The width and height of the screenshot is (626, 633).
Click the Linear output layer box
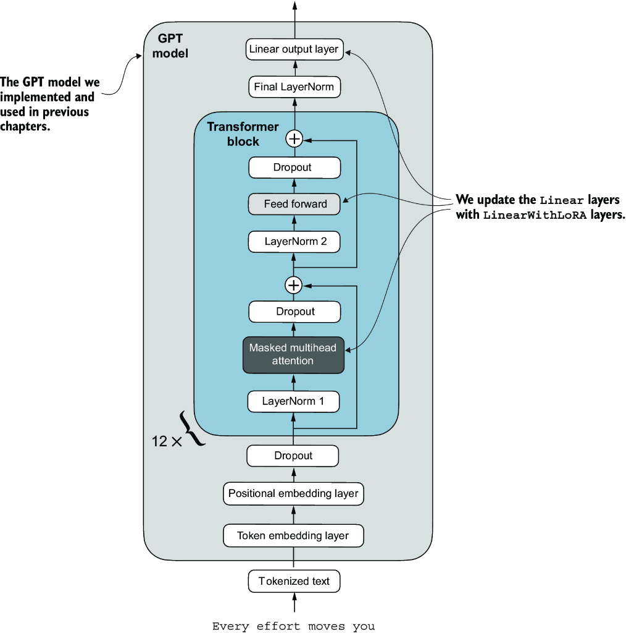pyautogui.click(x=294, y=49)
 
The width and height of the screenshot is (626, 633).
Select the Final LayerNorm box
pyautogui.click(x=294, y=87)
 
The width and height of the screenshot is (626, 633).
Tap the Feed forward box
pyautogui.click(x=294, y=204)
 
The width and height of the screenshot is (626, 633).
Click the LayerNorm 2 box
pyautogui.click(x=294, y=241)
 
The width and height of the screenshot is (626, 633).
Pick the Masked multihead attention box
pyautogui.click(x=293, y=354)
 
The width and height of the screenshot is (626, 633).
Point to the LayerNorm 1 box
pyautogui.click(x=293, y=401)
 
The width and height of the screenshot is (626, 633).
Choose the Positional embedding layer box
pyautogui.click(x=293, y=494)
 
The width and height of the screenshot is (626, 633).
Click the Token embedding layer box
pyautogui.click(x=293, y=536)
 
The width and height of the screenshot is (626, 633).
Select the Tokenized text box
pyautogui.click(x=294, y=581)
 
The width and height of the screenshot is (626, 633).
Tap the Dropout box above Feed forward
pyautogui.click(x=294, y=168)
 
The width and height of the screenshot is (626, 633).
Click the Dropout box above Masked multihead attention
pyautogui.click(x=294, y=312)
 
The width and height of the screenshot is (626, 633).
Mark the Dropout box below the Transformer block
pyautogui.click(x=293, y=456)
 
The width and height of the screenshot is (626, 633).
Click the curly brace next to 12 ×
pyautogui.click(x=193, y=428)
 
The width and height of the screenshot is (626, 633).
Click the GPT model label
pyautogui.click(x=170, y=46)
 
